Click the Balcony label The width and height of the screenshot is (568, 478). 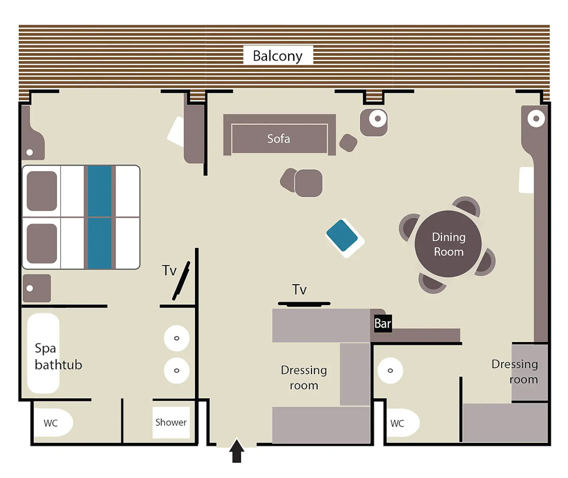point(277,56)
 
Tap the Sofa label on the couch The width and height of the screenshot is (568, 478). point(279,138)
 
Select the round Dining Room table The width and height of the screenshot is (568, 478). point(448,244)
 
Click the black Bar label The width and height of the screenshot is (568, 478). point(383,324)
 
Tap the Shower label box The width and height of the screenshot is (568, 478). point(171,422)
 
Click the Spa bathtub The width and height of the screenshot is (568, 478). point(43,353)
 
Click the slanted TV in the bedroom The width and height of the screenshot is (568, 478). point(181,280)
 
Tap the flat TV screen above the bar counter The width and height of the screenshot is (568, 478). point(304,304)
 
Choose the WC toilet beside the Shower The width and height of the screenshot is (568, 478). point(53,423)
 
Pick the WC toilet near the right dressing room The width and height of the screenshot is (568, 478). point(403,423)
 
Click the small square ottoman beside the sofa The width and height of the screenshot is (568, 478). point(348,143)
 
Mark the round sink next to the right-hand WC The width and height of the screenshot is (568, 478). point(390,370)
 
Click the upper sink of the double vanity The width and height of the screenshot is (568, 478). point(177,338)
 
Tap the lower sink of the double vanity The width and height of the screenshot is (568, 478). point(177,370)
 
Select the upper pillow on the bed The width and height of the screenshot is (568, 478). point(42,191)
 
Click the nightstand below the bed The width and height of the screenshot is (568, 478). point(37,288)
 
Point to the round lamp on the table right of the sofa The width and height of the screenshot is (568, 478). point(378,118)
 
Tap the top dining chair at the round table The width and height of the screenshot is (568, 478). point(466,207)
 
